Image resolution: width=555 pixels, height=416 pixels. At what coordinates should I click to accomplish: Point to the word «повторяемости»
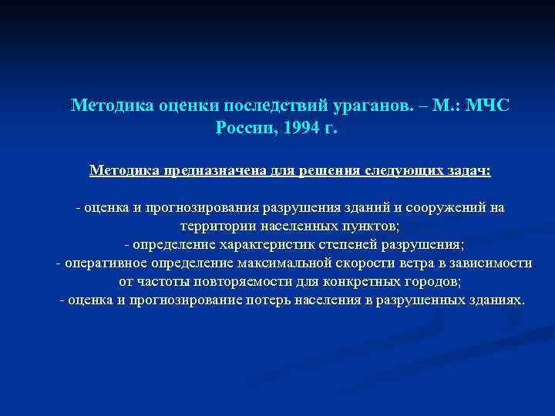(x=231, y=281)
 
